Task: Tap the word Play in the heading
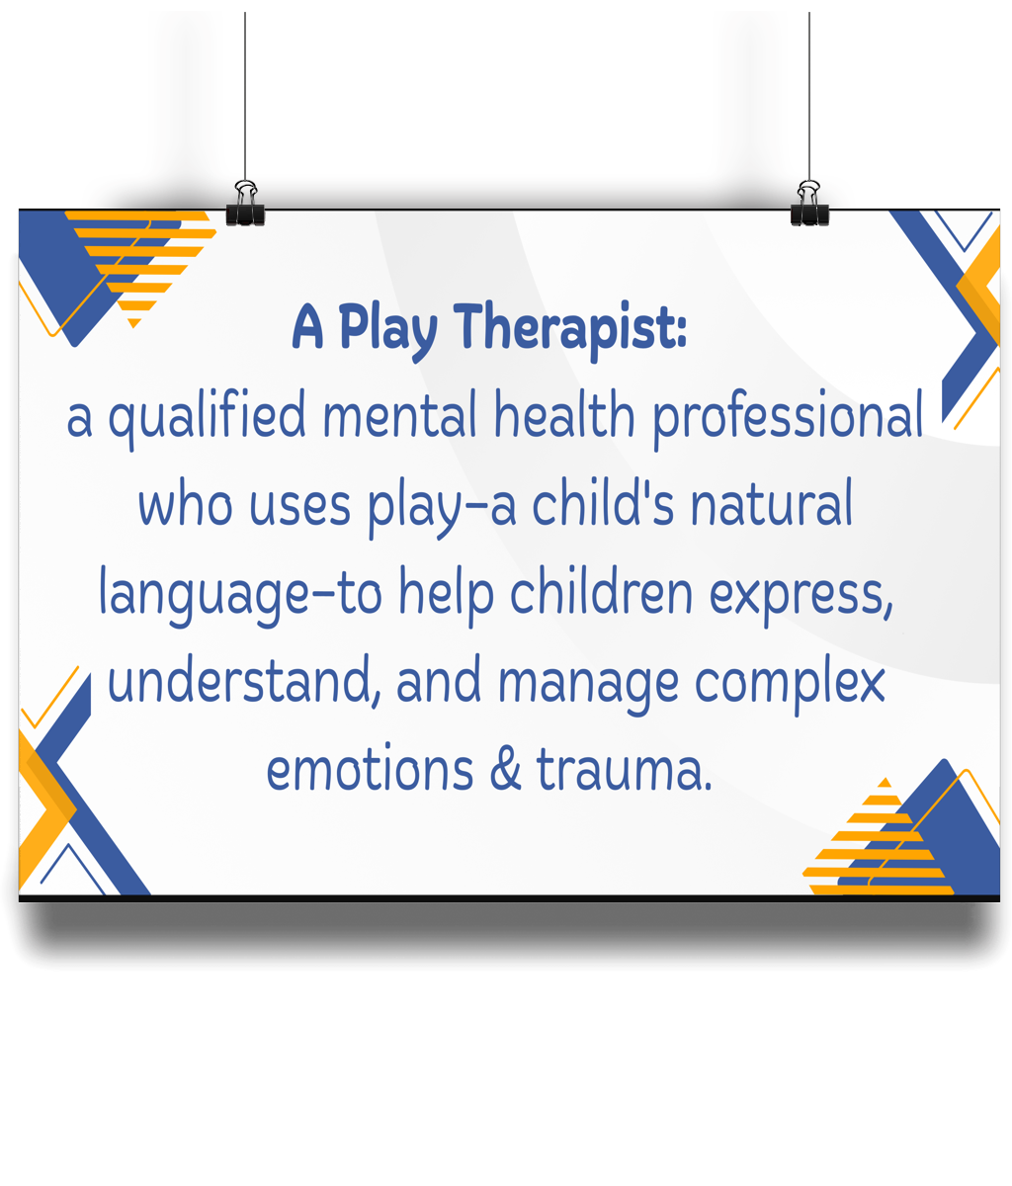[387, 330]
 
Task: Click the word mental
[400, 413]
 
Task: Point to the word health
[564, 413]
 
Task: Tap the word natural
[771, 501]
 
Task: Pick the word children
[601, 590]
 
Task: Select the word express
[801, 594]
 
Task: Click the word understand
[243, 679]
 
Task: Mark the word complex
[790, 683]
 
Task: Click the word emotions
[370, 769]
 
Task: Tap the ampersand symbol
[505, 768]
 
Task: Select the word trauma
[624, 769]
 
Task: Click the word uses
[300, 506]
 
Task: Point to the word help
[446, 594]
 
